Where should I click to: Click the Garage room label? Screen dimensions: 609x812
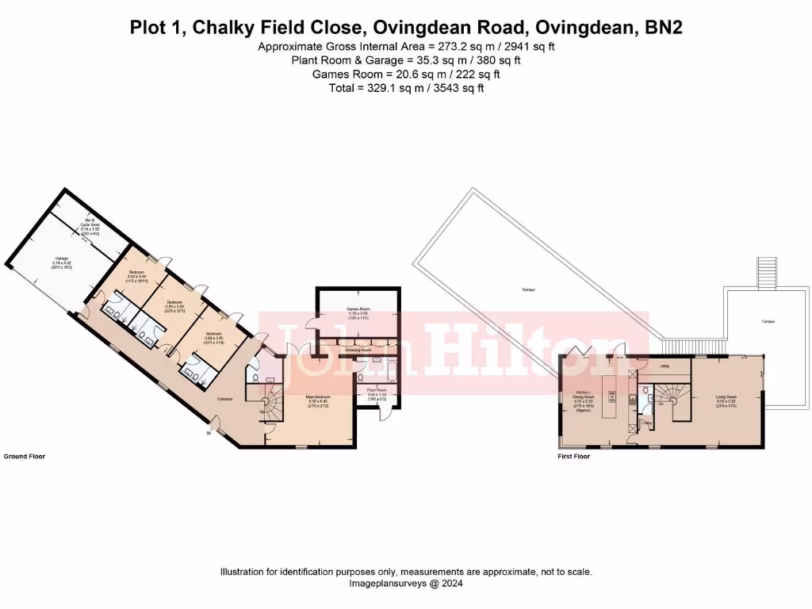coord(61,259)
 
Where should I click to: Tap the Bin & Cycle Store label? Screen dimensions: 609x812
coord(89,223)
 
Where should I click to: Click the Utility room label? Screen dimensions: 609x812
coord(665,366)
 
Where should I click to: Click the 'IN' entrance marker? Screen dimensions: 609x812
coord(209,434)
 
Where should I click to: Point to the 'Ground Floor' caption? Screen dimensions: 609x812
coord(23,457)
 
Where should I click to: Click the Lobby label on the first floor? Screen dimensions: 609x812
coord(646,425)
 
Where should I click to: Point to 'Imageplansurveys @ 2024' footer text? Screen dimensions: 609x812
coord(405,583)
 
